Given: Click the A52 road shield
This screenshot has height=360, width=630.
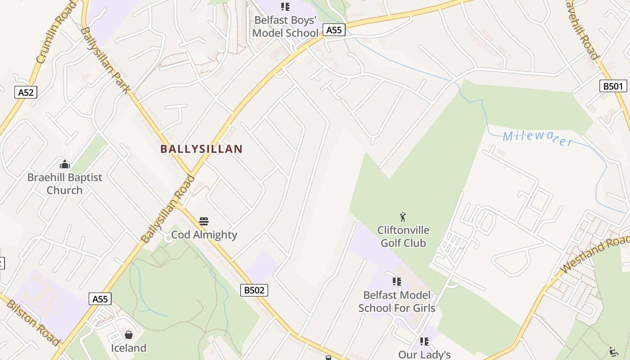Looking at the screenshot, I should tap(26, 92).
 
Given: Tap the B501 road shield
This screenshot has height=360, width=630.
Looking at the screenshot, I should tap(613, 86).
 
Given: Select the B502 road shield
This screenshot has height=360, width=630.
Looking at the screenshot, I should tap(254, 290).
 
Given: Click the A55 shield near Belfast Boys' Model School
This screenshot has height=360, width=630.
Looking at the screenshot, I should tap(334, 30).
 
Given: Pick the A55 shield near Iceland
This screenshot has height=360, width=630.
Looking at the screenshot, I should tap(100, 299).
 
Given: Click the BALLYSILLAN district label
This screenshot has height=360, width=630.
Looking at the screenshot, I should tap(202, 149).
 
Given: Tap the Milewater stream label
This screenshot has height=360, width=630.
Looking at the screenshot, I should tap(538, 138).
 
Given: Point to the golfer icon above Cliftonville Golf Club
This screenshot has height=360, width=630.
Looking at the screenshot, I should tap(403, 217).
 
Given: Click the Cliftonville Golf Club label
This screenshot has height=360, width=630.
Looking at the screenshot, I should tap(403, 237).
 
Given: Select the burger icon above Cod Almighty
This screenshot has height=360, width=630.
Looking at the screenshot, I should tap(204, 221).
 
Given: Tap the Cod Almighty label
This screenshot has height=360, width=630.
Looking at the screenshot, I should tap(204, 235).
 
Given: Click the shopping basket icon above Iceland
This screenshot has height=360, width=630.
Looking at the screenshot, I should tap(129, 335).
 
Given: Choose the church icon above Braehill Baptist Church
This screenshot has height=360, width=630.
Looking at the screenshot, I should tap(65, 164).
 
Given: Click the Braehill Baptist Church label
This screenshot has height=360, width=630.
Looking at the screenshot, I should tap(65, 184).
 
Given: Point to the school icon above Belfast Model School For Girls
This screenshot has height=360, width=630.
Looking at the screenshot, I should tap(396, 282).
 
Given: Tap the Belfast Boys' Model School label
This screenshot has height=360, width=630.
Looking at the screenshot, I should tap(285, 27).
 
